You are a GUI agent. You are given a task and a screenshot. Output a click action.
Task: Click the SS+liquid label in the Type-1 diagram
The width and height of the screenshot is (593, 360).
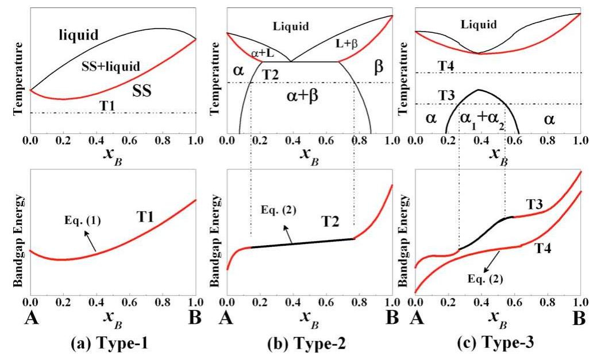(110, 67)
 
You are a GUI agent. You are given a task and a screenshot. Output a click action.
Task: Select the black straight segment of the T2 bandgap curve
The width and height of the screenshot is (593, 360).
(302, 243)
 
